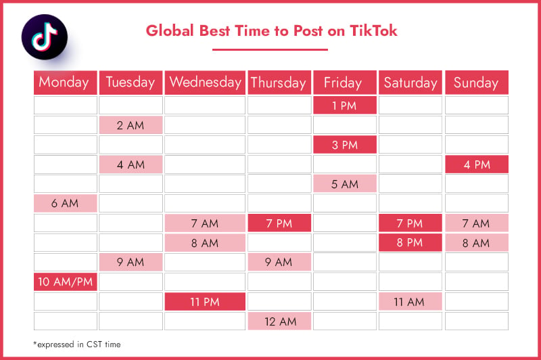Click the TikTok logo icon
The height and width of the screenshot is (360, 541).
pyautogui.click(x=45, y=37)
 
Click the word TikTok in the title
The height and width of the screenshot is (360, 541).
pyautogui.click(x=373, y=30)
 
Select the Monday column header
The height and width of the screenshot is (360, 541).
pyautogui.click(x=65, y=83)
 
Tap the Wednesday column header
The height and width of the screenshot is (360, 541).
pyautogui.click(x=205, y=83)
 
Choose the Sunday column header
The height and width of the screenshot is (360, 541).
pyautogui.click(x=477, y=83)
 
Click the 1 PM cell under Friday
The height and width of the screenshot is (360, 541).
pyautogui.click(x=345, y=106)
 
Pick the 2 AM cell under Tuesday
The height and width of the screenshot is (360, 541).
pyautogui.click(x=131, y=125)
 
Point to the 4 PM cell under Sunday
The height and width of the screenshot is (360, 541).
pyautogui.click(x=477, y=164)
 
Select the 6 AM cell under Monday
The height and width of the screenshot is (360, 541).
pyautogui.click(x=65, y=203)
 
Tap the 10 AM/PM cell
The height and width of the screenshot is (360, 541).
pyautogui.click(x=65, y=282)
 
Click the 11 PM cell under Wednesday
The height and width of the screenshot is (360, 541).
pyautogui.click(x=205, y=302)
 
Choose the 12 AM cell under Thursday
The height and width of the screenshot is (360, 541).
pyautogui.click(x=279, y=321)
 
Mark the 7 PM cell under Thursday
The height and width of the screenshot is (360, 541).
pyautogui.click(x=279, y=223)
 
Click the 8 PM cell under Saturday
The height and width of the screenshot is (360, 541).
pyautogui.click(x=410, y=243)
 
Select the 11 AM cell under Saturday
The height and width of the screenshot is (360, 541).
pyautogui.click(x=410, y=302)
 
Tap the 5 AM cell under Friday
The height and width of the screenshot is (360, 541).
pyautogui.click(x=345, y=183)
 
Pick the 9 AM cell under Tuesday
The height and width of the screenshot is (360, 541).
pyautogui.click(x=131, y=263)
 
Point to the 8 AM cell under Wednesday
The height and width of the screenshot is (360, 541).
pyautogui.click(x=205, y=243)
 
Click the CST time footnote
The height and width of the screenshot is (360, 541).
pyautogui.click(x=77, y=344)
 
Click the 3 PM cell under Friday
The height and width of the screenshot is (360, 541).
pyautogui.click(x=345, y=145)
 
